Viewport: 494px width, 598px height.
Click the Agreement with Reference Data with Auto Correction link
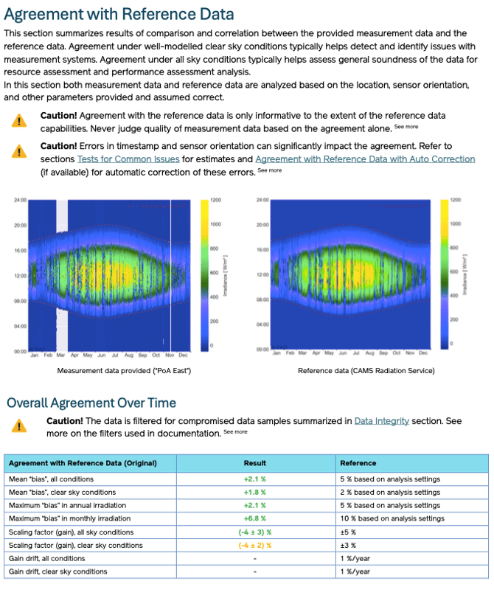click(365, 159)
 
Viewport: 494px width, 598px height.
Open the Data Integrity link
click(382, 420)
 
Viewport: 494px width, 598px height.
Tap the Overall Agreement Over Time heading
click(91, 403)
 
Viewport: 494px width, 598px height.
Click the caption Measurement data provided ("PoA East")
click(124, 370)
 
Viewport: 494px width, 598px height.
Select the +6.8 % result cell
click(254, 518)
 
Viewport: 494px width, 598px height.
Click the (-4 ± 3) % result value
click(254, 532)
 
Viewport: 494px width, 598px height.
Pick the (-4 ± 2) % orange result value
click(254, 545)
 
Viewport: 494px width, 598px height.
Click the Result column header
click(254, 463)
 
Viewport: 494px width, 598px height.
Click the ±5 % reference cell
click(347, 532)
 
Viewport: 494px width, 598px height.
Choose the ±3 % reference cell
click(347, 545)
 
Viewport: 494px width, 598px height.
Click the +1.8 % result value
click(254, 492)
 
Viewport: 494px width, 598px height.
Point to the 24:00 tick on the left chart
click(20, 200)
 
